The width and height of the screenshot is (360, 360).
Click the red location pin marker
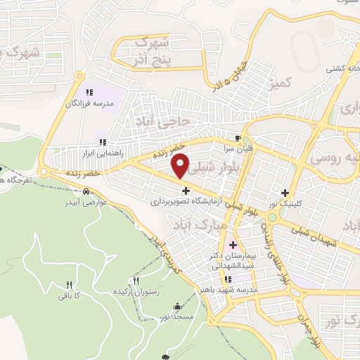coord(181,165)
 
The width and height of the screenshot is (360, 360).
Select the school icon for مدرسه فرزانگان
coord(89,93)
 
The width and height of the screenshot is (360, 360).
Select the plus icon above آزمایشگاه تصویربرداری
coord(186,190)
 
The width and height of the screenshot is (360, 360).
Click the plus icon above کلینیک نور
coord(285,193)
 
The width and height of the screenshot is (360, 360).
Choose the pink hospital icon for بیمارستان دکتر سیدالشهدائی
coord(233,245)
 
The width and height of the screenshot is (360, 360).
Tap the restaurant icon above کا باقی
coord(69,285)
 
